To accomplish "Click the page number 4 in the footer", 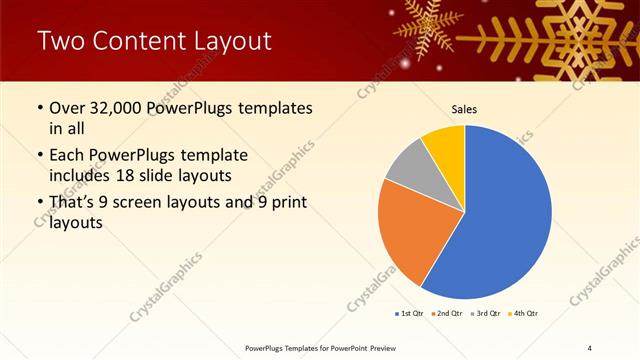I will pos(590,347).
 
